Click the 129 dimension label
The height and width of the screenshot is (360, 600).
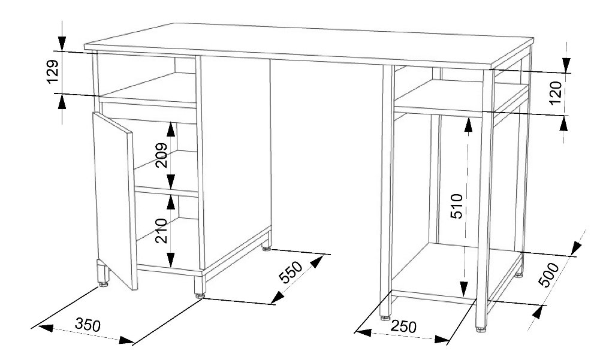53,71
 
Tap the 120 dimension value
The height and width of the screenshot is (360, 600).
556,93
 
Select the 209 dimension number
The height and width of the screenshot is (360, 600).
162,155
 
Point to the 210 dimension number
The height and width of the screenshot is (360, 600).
162,231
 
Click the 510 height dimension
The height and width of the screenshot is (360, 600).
457,206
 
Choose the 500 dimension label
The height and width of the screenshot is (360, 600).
549,275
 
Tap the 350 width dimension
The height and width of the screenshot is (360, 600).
88,325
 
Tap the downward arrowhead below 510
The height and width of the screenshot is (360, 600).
464,289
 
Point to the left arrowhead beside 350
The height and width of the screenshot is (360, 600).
45,328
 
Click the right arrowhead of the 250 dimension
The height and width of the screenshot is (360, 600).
441,340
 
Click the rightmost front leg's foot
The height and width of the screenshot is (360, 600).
481,329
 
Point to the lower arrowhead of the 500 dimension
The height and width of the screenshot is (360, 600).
538,313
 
